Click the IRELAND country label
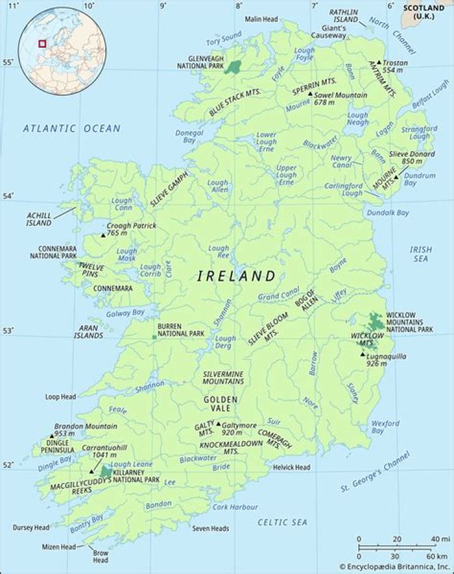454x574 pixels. pyautogui.click(x=236, y=276)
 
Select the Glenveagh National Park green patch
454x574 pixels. pyautogui.click(x=234, y=67)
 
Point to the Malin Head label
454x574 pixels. pyautogui.click(x=262, y=20)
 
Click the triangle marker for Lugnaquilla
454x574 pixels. pyautogui.click(x=363, y=355)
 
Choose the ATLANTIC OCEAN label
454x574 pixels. pyautogui.click(x=71, y=129)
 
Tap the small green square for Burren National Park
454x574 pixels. pyautogui.click(x=154, y=337)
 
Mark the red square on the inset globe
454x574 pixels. pyautogui.click(x=42, y=43)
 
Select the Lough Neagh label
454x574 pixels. pyautogui.click(x=358, y=119)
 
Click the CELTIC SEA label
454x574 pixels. pyautogui.click(x=282, y=522)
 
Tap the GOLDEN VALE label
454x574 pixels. pyautogui.click(x=220, y=404)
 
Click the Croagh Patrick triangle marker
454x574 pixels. pyautogui.click(x=103, y=235)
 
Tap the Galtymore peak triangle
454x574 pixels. pyautogui.click(x=218, y=424)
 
